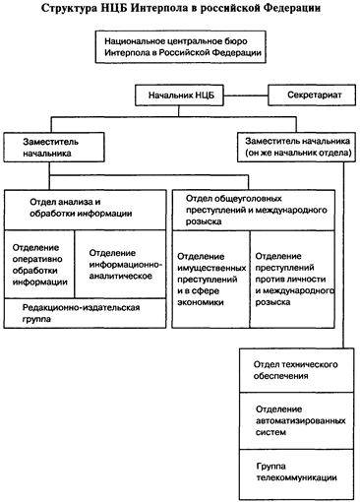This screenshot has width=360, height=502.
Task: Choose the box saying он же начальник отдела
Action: click(292, 149)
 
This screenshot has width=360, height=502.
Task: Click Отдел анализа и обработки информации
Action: click(84, 209)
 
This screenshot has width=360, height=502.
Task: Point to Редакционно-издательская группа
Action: click(84, 315)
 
